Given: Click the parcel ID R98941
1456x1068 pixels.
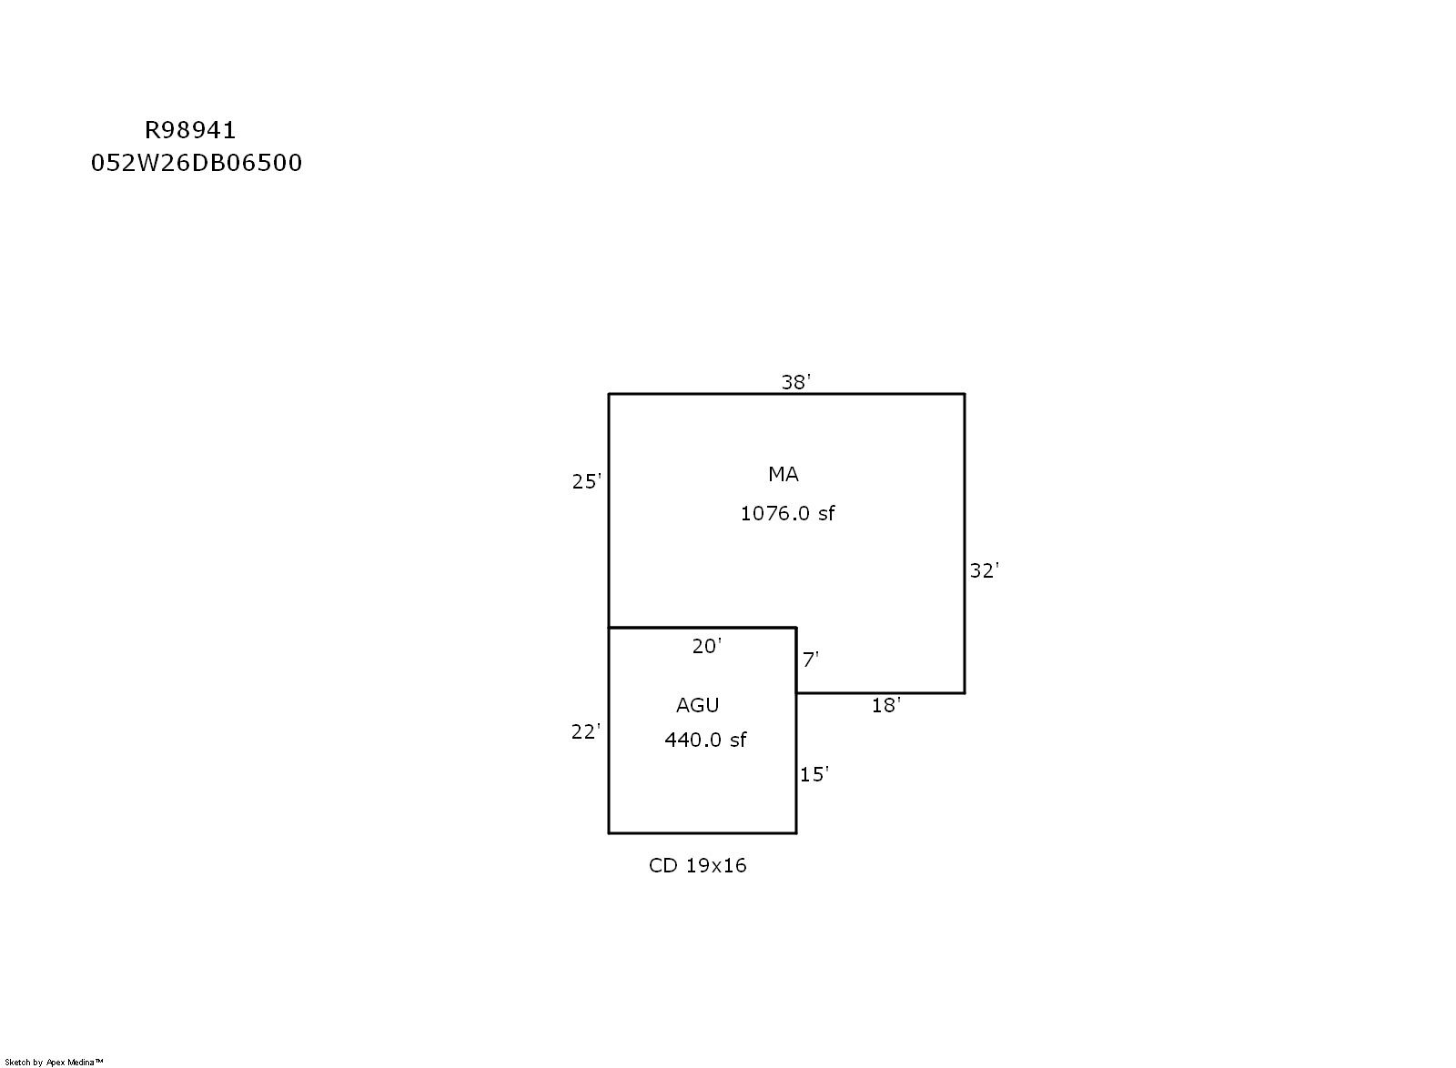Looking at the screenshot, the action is (190, 131).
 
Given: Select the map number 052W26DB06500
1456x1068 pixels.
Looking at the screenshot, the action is (197, 163).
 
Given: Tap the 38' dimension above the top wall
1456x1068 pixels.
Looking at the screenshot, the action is (795, 382).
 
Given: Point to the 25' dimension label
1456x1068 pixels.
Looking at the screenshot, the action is (586, 481).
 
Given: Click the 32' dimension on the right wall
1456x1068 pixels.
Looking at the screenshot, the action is (984, 570).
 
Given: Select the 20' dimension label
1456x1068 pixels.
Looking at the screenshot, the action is (706, 646).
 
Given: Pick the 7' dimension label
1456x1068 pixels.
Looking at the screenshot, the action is (811, 660).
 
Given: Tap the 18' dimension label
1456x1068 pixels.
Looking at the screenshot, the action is (886, 706).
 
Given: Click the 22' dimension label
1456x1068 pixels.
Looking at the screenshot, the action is (586, 732).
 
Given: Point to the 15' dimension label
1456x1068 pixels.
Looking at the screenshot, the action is (814, 774).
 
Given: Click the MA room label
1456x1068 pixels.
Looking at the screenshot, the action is (784, 474).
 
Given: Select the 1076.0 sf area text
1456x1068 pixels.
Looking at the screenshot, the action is (787, 514).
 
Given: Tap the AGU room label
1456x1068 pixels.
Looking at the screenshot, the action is (697, 705).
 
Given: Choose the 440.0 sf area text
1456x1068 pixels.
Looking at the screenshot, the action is (705, 740).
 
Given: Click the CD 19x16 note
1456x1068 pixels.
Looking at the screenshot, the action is (697, 865).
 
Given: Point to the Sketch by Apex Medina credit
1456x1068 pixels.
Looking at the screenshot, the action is (54, 1063).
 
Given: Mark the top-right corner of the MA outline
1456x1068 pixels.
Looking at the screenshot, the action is (965, 394).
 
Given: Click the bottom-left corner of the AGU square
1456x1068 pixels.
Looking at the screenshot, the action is (609, 832).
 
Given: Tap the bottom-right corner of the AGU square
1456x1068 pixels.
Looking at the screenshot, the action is (796, 832).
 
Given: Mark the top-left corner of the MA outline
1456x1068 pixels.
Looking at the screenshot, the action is (609, 394).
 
